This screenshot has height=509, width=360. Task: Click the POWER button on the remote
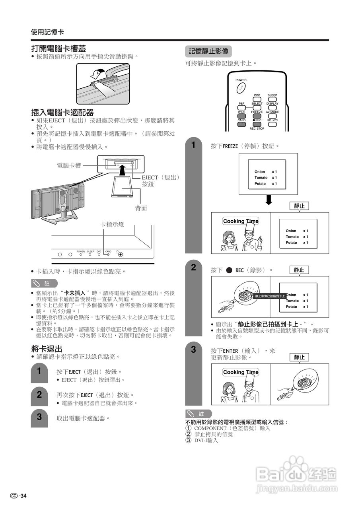tap(241, 87)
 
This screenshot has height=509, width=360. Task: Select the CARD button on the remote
tap(241, 124)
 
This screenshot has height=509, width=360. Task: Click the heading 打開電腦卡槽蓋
tap(58, 49)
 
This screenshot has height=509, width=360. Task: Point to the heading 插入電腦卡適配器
tap(62, 113)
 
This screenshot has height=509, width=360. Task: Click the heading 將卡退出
tap(47, 349)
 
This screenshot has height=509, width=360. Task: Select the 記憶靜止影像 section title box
tap(208, 51)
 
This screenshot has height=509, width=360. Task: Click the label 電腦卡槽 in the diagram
tap(69, 165)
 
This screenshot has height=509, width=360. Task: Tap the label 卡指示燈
tap(112, 225)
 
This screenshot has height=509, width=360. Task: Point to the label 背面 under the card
tap(141, 208)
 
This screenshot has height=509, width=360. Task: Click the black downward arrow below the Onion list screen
tap(269, 200)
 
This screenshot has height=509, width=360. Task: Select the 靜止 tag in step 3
tap(299, 357)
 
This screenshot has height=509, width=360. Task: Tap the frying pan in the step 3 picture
tap(304, 383)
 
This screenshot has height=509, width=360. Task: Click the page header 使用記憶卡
tap(47, 32)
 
